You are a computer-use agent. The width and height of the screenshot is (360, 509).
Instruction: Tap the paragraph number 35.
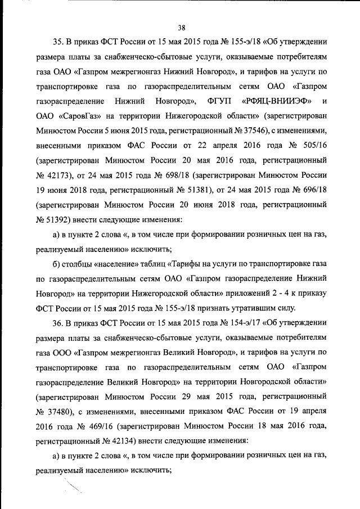click(x=58, y=42)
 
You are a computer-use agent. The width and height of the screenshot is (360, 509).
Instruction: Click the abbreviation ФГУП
click(x=219, y=101)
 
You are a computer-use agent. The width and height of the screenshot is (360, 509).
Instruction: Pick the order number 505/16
click(x=311, y=145)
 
